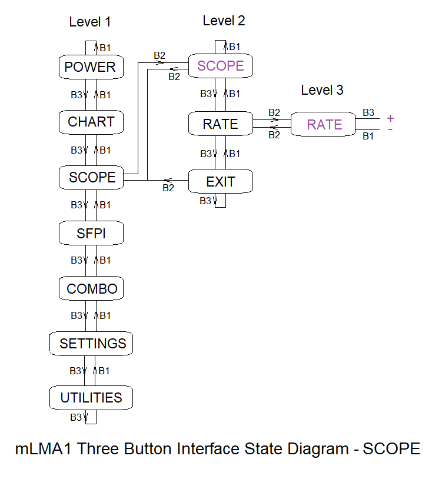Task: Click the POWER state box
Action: [91, 67]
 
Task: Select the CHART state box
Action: [91, 122]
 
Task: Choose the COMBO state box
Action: [92, 289]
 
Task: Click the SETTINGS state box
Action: [92, 343]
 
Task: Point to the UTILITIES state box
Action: [91, 398]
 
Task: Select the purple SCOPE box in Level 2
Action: [220, 65]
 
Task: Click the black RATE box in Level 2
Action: [220, 124]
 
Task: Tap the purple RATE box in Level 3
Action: [324, 124]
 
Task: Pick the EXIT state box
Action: [220, 182]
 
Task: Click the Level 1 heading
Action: [90, 22]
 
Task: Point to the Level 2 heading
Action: [224, 21]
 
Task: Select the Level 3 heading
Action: [322, 90]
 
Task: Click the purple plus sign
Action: [390, 118]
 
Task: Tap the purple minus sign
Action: [390, 128]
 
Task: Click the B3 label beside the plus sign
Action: [368, 112]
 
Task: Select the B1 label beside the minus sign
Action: [368, 137]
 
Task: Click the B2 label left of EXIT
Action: [168, 188]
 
